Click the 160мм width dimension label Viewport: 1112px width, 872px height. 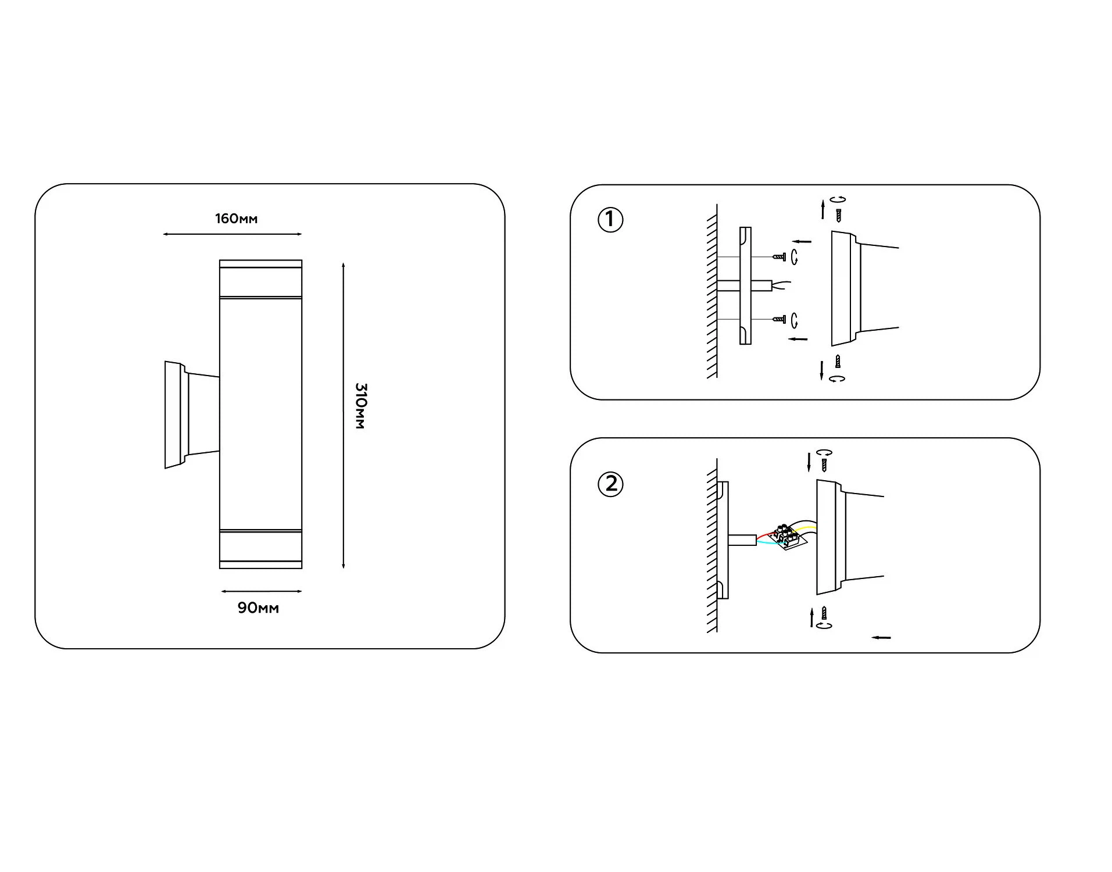(236, 219)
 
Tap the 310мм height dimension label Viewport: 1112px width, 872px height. (360, 406)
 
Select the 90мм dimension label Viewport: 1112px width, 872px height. (258, 608)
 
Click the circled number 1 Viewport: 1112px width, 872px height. (610, 220)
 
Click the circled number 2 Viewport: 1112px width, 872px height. (610, 484)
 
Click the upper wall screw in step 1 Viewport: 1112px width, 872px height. (779, 256)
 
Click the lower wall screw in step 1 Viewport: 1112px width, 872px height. (779, 319)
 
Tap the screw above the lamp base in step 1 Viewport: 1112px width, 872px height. (838, 215)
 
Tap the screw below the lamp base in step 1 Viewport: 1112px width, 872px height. (838, 361)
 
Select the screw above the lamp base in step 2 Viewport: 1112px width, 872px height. (824, 464)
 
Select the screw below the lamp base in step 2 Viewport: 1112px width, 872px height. (824, 613)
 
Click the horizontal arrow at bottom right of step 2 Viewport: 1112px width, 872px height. (881, 638)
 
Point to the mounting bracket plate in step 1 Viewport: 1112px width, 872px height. (745, 285)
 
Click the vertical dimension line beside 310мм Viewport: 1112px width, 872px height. (344, 415)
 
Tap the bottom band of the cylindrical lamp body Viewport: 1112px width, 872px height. (260, 549)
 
